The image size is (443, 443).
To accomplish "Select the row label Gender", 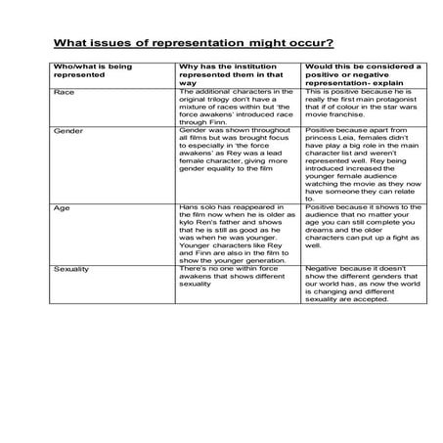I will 68,129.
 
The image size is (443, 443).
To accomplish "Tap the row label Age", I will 62,208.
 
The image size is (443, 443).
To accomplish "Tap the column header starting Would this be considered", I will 363,66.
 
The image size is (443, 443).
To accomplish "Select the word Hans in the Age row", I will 191,208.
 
